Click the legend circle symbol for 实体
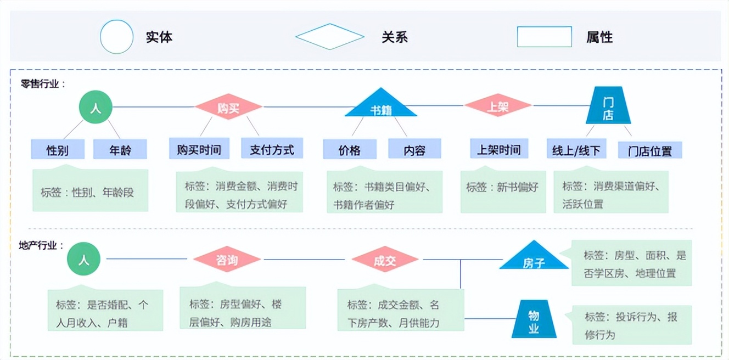click(116, 37)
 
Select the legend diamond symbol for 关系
click(329, 37)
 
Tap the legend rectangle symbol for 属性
click(544, 37)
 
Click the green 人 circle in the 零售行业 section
click(96, 106)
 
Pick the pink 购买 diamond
click(228, 106)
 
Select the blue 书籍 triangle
click(380, 106)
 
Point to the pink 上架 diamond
click(498, 106)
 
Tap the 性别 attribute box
click(58, 149)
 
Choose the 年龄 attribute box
click(120, 149)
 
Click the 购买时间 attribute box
click(199, 149)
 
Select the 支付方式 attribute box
click(272, 149)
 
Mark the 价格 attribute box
click(350, 149)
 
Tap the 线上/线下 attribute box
click(576, 149)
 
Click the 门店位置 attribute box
click(650, 150)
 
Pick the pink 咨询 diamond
click(227, 260)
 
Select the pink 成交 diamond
click(384, 260)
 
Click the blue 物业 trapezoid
click(534, 322)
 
